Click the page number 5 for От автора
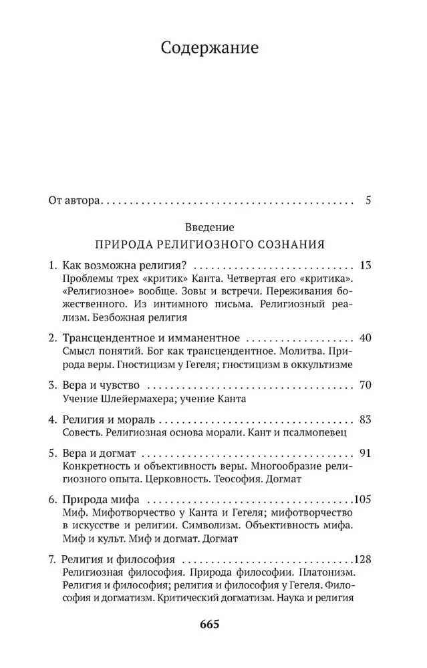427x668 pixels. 368,200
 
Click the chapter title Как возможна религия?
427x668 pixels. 120,264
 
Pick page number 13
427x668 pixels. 365,264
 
